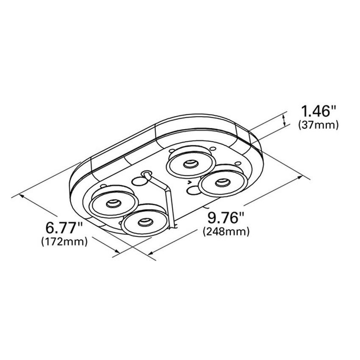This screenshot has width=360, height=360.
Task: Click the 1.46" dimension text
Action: click(318, 112)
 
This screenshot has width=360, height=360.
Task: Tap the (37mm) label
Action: click(318, 125)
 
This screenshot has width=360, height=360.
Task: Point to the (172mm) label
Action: click(64, 241)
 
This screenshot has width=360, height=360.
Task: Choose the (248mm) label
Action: click(226, 232)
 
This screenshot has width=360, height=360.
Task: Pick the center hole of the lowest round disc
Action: click(145, 222)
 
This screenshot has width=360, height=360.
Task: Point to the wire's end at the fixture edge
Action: click(173, 229)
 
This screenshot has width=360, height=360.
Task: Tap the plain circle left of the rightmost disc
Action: click(192, 190)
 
